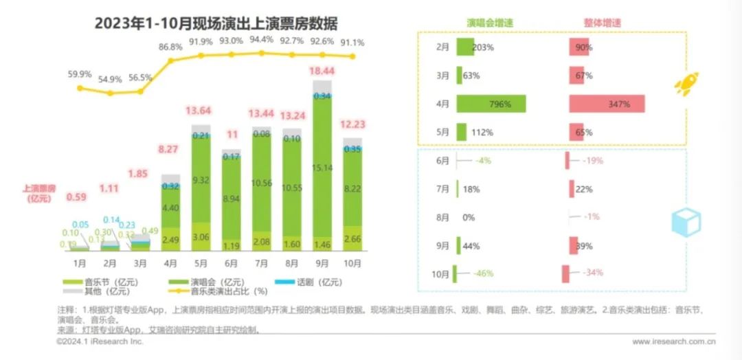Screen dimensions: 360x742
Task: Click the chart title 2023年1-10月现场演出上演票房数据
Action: pos(216,24)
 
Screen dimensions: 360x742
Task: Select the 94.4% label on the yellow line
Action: pos(261,39)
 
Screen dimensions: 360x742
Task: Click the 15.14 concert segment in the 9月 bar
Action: pos(322,167)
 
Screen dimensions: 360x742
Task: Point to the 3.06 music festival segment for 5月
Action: pos(201,236)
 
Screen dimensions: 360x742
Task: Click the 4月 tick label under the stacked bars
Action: pos(170,262)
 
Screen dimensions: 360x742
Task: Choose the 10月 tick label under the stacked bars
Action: pos(352,262)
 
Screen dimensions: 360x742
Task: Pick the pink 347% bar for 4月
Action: pos(606,104)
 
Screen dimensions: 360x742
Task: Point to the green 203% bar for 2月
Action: pos(464,47)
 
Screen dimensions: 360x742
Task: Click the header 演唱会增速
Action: pos(490,22)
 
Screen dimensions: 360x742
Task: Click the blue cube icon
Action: pos(686,221)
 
